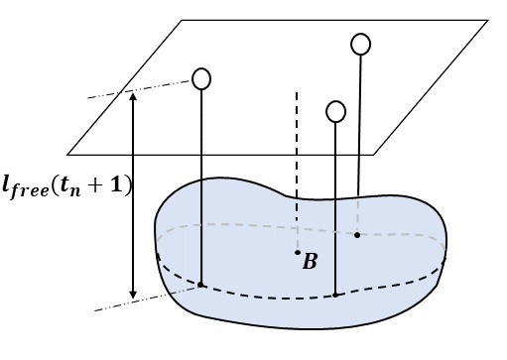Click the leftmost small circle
[201, 77]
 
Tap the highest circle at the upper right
[361, 44]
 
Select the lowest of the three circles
[336, 110]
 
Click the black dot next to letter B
[297, 254]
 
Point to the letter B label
[311, 263]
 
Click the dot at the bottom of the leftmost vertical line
[201, 285]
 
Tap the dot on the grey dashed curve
[357, 235]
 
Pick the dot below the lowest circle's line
[336, 295]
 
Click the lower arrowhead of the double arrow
[133, 295]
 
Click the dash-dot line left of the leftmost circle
[139, 89]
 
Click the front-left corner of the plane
[67, 154]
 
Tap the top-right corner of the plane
[487, 19]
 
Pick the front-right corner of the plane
[374, 154]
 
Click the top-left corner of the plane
[182, 19]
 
